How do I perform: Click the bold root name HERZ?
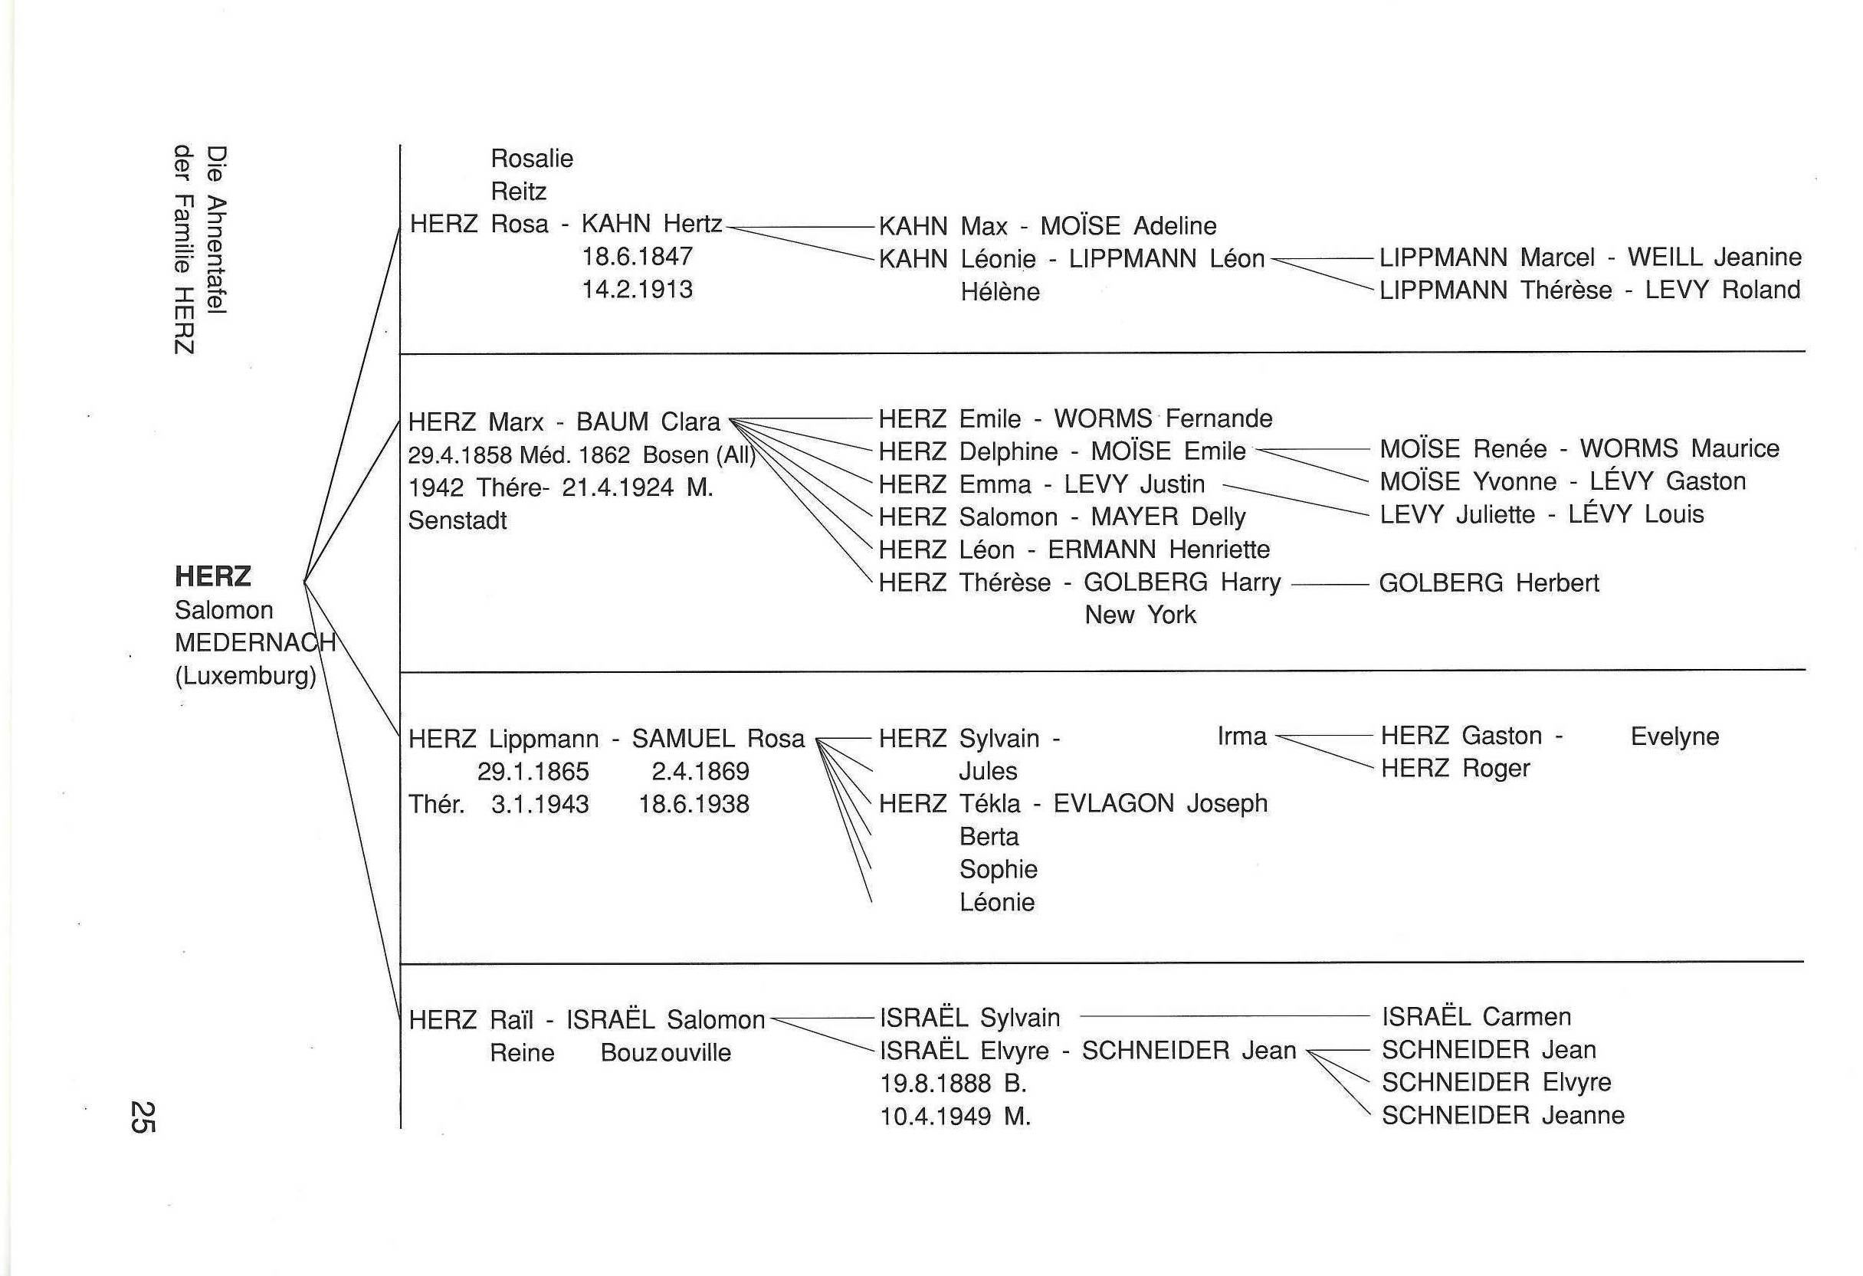point(212,576)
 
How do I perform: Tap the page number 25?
point(142,1117)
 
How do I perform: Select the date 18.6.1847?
point(638,257)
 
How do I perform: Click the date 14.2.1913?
point(638,290)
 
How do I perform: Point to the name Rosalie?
point(532,159)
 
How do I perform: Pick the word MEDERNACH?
point(254,643)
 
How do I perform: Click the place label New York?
point(1140,615)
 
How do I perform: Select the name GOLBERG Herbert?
point(1488,582)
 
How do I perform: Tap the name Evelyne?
point(1674,736)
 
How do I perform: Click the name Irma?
point(1241,736)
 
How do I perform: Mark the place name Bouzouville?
point(665,1052)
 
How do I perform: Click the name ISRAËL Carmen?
point(1476,1017)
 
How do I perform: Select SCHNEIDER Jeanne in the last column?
point(1503,1116)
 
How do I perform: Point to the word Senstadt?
point(458,521)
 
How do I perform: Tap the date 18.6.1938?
point(694,804)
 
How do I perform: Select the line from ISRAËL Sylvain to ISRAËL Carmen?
point(1224,1017)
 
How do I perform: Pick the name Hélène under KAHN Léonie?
point(999,292)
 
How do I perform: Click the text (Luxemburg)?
point(245,677)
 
